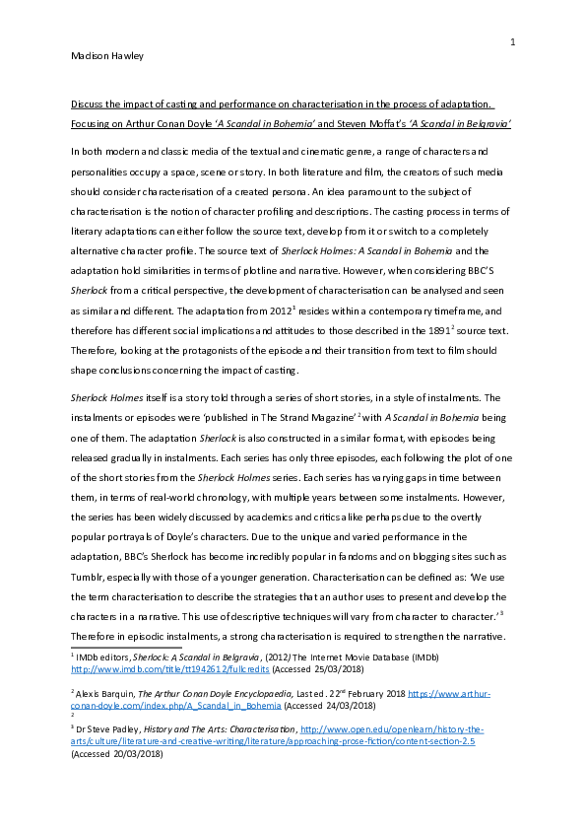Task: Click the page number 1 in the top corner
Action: (x=513, y=42)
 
